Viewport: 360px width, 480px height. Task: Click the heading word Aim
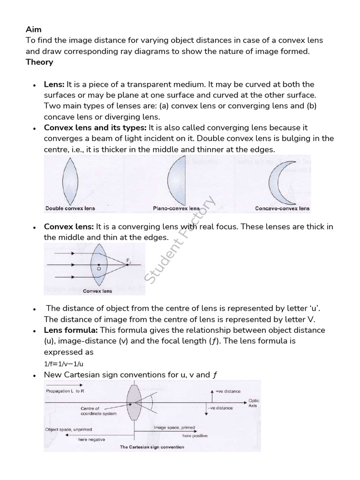click(x=33, y=29)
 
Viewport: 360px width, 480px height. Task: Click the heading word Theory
click(x=39, y=62)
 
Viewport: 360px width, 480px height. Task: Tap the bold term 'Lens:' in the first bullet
click(x=54, y=84)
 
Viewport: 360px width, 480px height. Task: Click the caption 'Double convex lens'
click(x=70, y=208)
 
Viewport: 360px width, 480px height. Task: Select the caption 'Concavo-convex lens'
click(x=282, y=208)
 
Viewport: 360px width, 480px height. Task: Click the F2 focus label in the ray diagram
click(x=129, y=262)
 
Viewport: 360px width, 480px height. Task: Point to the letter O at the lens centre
click(x=99, y=269)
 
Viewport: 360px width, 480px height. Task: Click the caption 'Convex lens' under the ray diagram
click(x=97, y=291)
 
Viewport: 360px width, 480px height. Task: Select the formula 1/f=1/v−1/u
click(x=64, y=363)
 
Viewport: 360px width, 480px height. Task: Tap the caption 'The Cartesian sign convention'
click(x=152, y=447)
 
